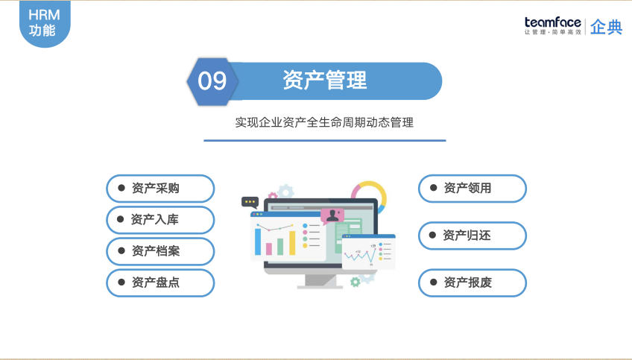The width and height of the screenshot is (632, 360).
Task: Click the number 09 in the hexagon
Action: [212, 80]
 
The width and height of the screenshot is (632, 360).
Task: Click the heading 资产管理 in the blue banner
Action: [324, 80]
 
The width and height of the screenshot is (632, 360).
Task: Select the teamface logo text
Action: [552, 22]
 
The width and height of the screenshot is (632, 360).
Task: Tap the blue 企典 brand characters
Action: [606, 27]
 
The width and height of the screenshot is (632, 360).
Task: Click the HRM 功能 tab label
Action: [42, 22]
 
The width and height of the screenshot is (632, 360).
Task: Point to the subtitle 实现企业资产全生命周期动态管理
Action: [324, 122]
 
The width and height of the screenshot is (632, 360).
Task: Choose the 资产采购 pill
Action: [160, 189]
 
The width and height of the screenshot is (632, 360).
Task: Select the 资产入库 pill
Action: [160, 220]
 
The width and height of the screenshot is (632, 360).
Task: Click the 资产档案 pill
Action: [160, 251]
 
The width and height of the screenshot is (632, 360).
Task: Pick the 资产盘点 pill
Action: [160, 282]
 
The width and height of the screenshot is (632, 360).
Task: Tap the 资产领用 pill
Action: [472, 189]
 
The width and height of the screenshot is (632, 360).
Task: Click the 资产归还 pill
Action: [472, 236]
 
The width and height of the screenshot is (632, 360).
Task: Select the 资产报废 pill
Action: [472, 282]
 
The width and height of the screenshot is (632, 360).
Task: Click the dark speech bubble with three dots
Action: [250, 201]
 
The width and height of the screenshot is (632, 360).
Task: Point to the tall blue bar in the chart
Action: [259, 241]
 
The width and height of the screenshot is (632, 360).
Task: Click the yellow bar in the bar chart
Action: [292, 242]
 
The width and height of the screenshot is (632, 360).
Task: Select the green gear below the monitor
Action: [355, 281]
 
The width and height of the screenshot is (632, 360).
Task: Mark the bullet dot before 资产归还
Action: [432, 236]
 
